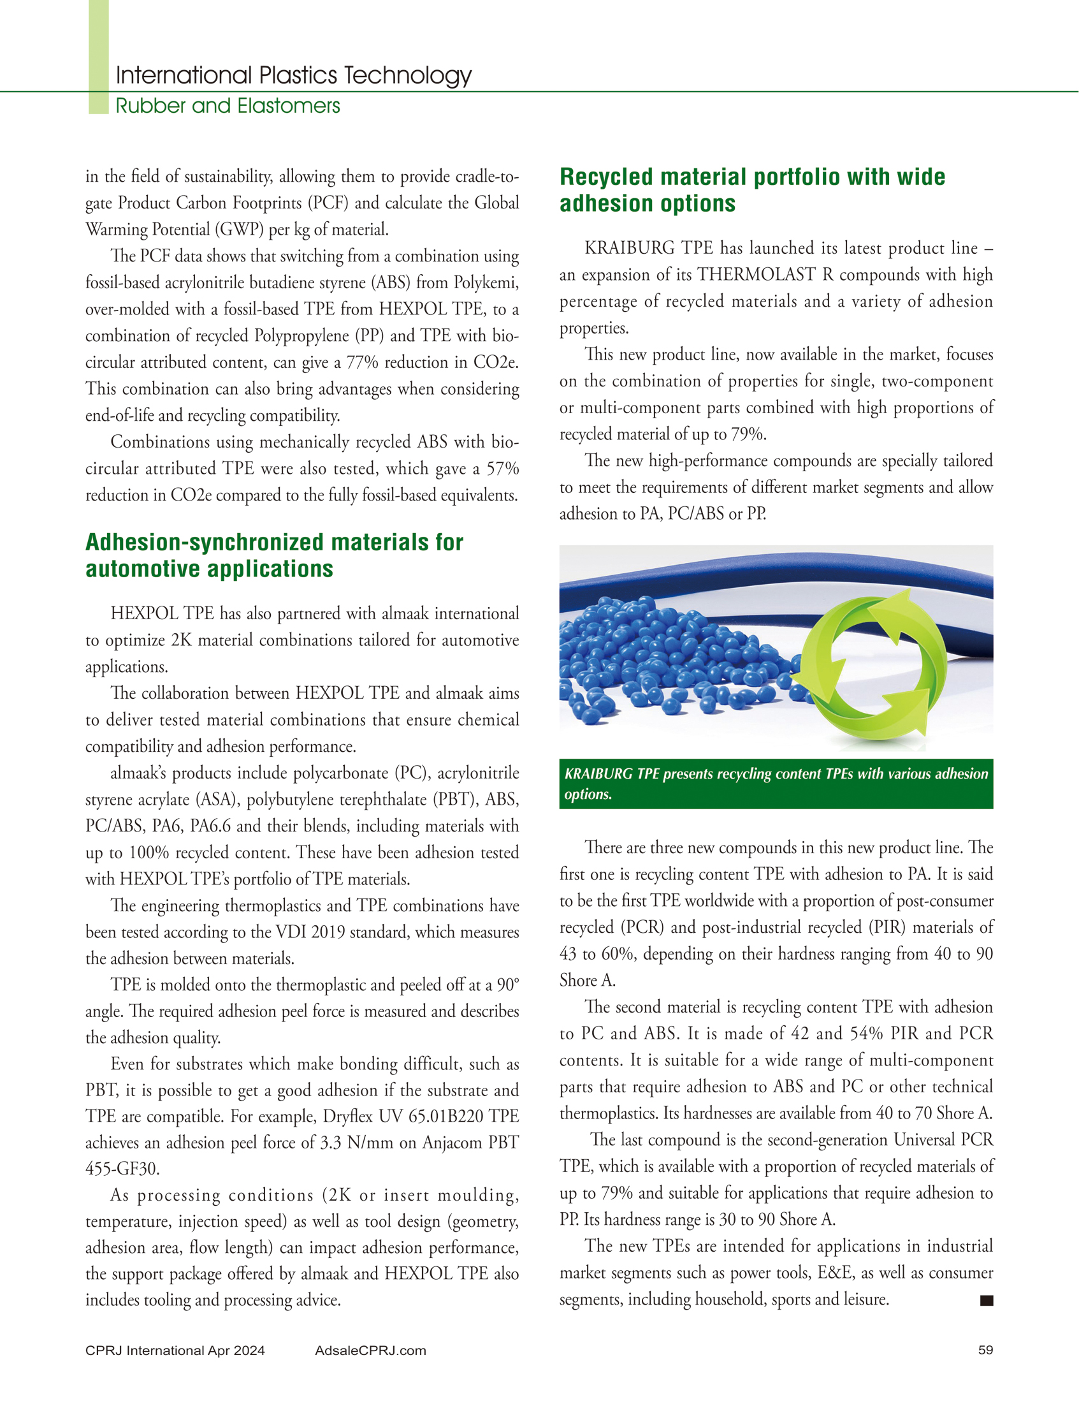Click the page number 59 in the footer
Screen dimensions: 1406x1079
point(985,1350)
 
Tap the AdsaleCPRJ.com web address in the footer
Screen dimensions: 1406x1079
point(370,1350)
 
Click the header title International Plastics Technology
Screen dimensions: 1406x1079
point(294,76)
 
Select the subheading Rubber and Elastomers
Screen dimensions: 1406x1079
point(228,106)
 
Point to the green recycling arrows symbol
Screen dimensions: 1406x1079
point(874,664)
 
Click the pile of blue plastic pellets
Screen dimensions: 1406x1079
point(668,655)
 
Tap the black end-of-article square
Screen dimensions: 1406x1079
point(987,1300)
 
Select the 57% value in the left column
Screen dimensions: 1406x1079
point(502,469)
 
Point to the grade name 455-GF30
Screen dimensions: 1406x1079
point(122,1169)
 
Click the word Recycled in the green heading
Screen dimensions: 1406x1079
point(606,177)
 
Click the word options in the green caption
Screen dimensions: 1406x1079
point(588,795)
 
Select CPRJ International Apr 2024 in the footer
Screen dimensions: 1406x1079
point(175,1350)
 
